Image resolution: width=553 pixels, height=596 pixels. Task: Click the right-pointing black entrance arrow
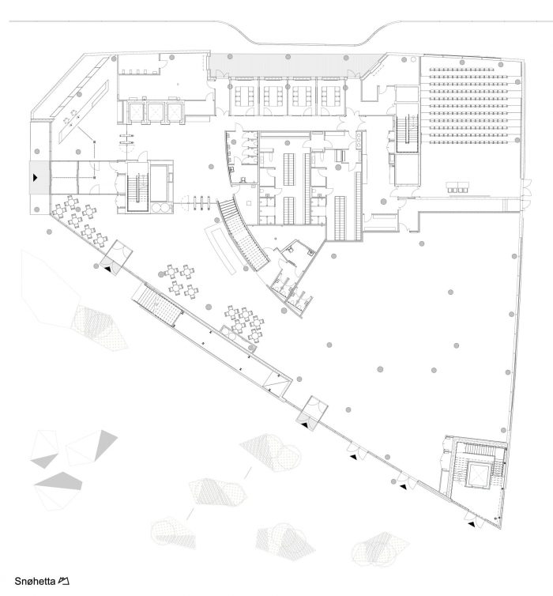click(x=36, y=179)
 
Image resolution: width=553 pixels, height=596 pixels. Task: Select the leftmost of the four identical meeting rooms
click(x=243, y=96)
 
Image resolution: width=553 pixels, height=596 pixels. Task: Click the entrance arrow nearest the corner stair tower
click(x=471, y=522)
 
